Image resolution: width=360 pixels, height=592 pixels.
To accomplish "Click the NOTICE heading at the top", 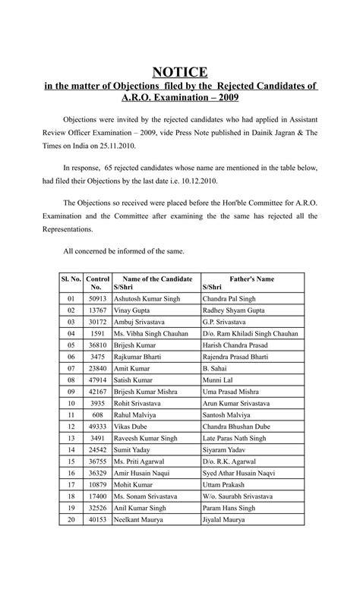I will tap(180, 72).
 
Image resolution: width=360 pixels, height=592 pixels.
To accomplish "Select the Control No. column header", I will tap(99, 283).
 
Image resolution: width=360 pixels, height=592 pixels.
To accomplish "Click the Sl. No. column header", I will tap(71, 279).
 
